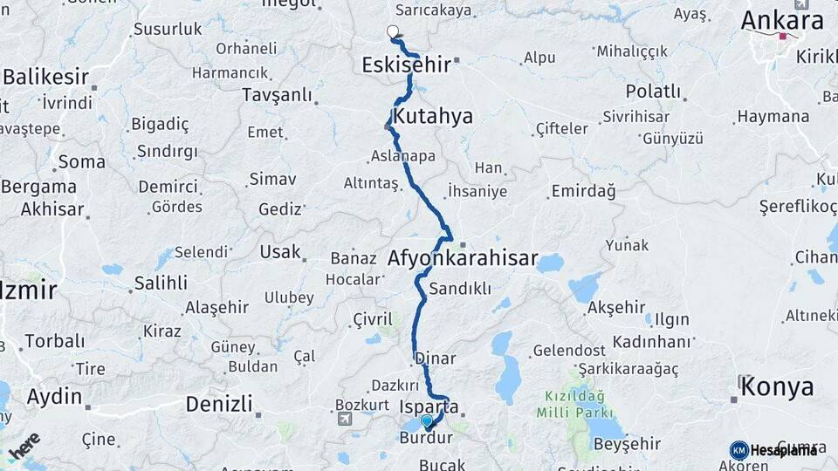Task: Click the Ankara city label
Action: coord(781,21)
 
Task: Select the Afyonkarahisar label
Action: coord(463,259)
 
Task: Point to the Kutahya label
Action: coord(432,116)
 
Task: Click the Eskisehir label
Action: coord(406,65)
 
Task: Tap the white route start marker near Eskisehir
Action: coord(392,32)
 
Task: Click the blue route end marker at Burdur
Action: coord(427,421)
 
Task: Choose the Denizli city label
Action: coord(219,404)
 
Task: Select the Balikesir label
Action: coord(45,76)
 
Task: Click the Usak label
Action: coord(279,252)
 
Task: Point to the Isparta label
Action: coord(427,406)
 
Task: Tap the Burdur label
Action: coord(426,439)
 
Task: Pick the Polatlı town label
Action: coord(653,92)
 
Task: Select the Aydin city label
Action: coord(54,397)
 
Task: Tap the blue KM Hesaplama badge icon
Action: coord(738,450)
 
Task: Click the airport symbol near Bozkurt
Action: coord(347,420)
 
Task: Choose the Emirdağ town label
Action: coord(583,190)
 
